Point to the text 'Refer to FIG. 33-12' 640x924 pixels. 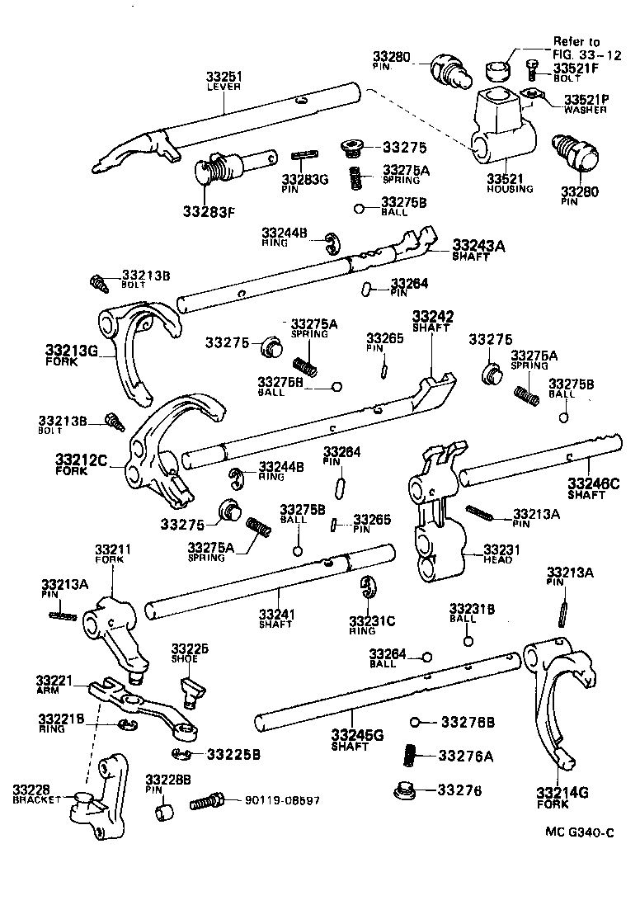tap(576, 47)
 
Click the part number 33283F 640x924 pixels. tap(209, 210)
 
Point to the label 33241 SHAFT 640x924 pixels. tap(275, 618)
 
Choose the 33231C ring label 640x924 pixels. tap(372, 625)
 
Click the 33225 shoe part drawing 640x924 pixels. tap(191, 691)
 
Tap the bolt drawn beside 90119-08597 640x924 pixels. tap(207, 801)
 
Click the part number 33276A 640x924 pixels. tap(465, 755)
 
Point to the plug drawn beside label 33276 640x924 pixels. tap(407, 790)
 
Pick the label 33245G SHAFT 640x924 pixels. tap(354, 739)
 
